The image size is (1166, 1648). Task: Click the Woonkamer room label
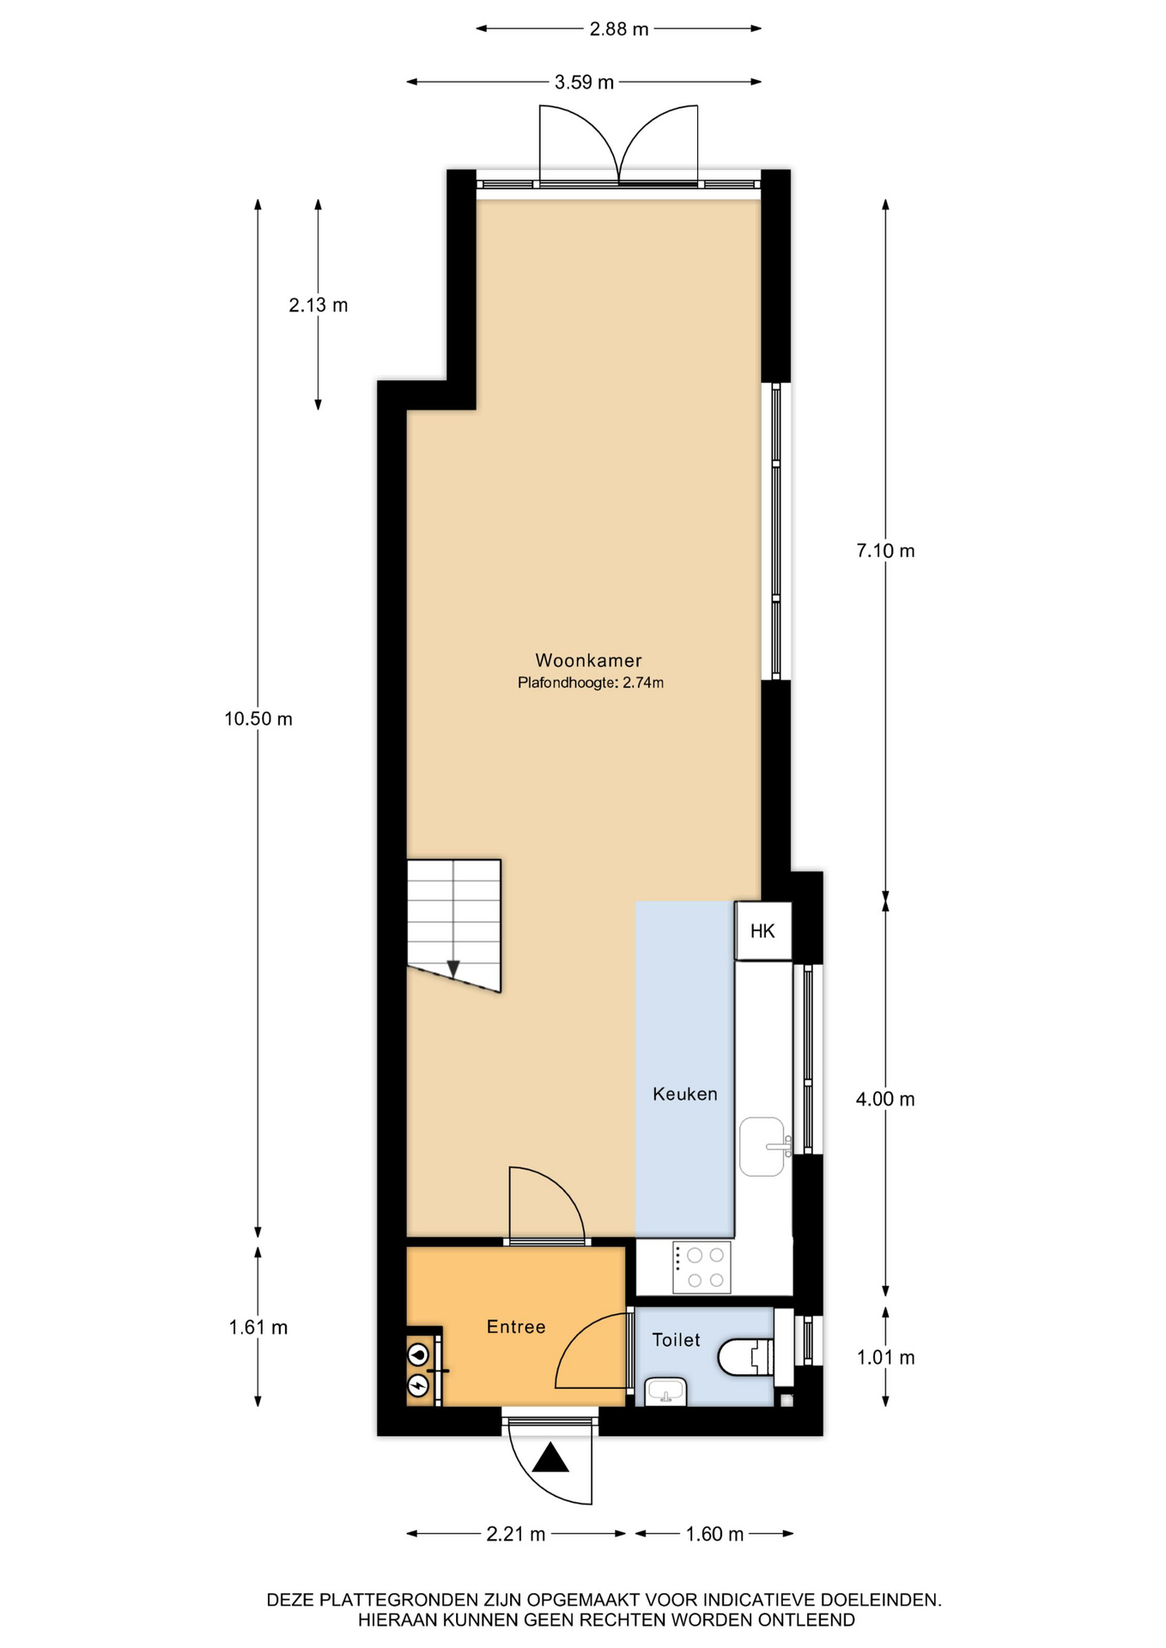click(588, 660)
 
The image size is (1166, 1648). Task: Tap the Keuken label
click(684, 1094)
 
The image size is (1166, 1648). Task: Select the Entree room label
click(516, 1327)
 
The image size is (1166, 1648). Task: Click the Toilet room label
click(676, 1340)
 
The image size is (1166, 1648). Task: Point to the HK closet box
click(762, 930)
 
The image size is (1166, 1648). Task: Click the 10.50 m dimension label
click(258, 719)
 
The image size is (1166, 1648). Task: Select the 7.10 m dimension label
click(885, 551)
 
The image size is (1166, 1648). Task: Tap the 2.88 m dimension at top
click(618, 29)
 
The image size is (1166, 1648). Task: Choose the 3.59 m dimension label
click(584, 82)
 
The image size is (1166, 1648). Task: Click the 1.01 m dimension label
click(885, 1357)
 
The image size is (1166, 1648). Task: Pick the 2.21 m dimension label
click(516, 1534)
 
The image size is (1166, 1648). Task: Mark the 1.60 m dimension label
click(714, 1534)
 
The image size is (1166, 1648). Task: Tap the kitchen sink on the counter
click(763, 1146)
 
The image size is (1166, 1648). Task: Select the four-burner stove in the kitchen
click(701, 1267)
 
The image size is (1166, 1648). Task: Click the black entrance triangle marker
click(550, 1457)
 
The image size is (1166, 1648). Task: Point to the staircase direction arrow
click(453, 968)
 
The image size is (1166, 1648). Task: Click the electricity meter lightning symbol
click(418, 1384)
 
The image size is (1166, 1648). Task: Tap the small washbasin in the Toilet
click(665, 1390)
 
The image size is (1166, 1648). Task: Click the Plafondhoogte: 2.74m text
click(591, 683)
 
